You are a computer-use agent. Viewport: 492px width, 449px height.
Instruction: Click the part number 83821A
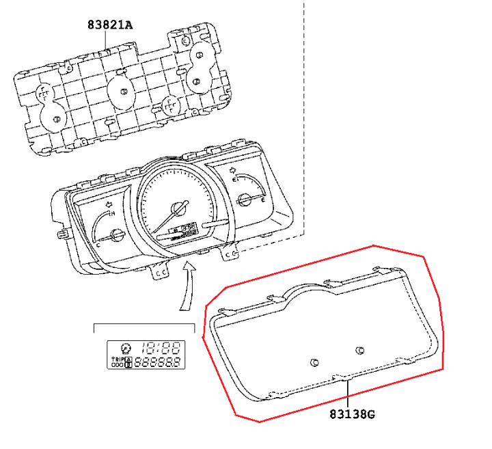pyautogui.click(x=109, y=25)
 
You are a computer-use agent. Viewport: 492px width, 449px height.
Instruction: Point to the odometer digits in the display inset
pyautogui.click(x=159, y=362)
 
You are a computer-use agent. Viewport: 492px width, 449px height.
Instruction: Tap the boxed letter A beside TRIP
pyautogui.click(x=128, y=358)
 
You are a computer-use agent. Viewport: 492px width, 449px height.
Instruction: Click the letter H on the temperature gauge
pyautogui.click(x=112, y=212)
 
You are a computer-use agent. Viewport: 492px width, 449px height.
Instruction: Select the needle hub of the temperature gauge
pyautogui.click(x=116, y=234)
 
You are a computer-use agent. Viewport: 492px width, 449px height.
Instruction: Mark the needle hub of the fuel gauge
pyautogui.click(x=244, y=200)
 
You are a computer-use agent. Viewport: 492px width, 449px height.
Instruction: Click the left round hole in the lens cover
pyautogui.click(x=314, y=362)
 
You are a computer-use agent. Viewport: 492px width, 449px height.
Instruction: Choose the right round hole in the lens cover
pyautogui.click(x=360, y=350)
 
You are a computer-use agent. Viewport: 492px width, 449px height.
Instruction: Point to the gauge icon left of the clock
pyautogui.click(x=125, y=346)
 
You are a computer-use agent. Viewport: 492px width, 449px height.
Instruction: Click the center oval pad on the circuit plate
pyautogui.click(x=119, y=91)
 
